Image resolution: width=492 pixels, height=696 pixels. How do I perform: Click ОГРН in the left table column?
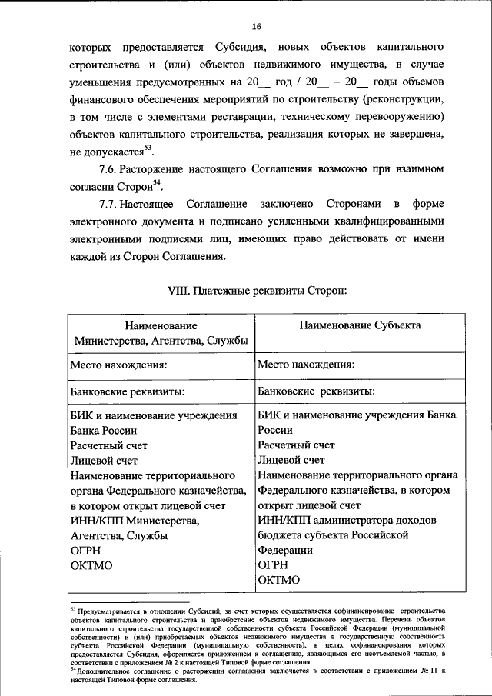(85, 551)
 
